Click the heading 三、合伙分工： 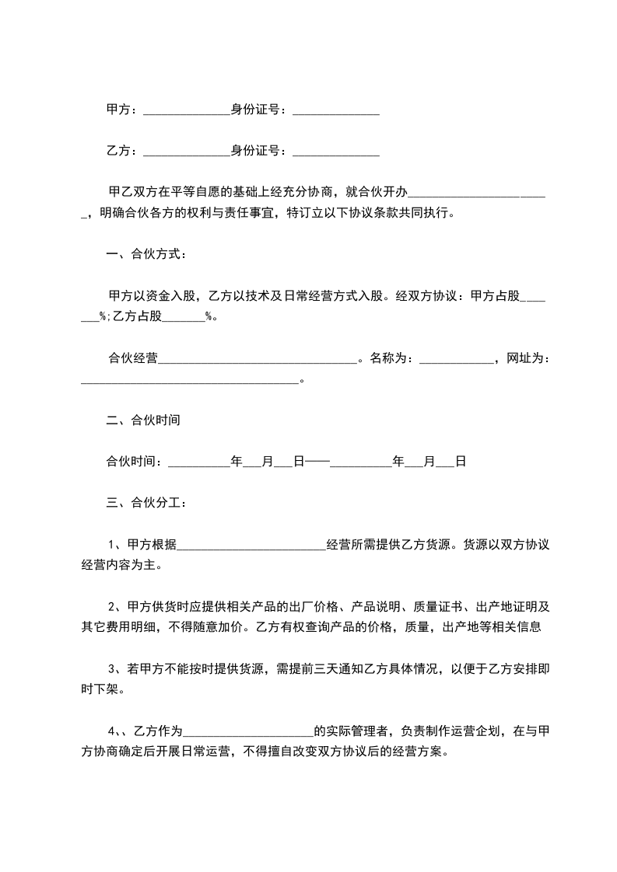pos(146,503)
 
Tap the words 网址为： pos(528,358)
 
